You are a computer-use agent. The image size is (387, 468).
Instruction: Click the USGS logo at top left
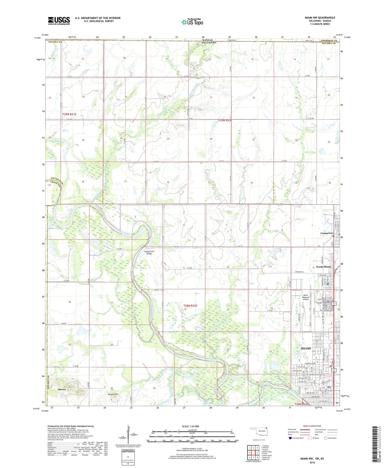click(x=59, y=21)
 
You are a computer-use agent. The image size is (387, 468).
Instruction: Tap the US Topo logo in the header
click(x=192, y=22)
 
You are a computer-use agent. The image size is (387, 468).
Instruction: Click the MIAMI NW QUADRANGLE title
click(x=320, y=18)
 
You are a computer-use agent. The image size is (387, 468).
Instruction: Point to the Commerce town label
click(x=326, y=233)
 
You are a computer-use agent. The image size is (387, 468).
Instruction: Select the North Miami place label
click(x=323, y=267)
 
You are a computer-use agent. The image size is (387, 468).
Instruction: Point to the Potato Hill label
click(x=113, y=394)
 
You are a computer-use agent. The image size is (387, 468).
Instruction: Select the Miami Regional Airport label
click(x=306, y=297)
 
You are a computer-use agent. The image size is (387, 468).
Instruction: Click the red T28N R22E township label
click(x=190, y=306)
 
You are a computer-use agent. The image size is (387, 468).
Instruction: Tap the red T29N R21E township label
click(x=69, y=114)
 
